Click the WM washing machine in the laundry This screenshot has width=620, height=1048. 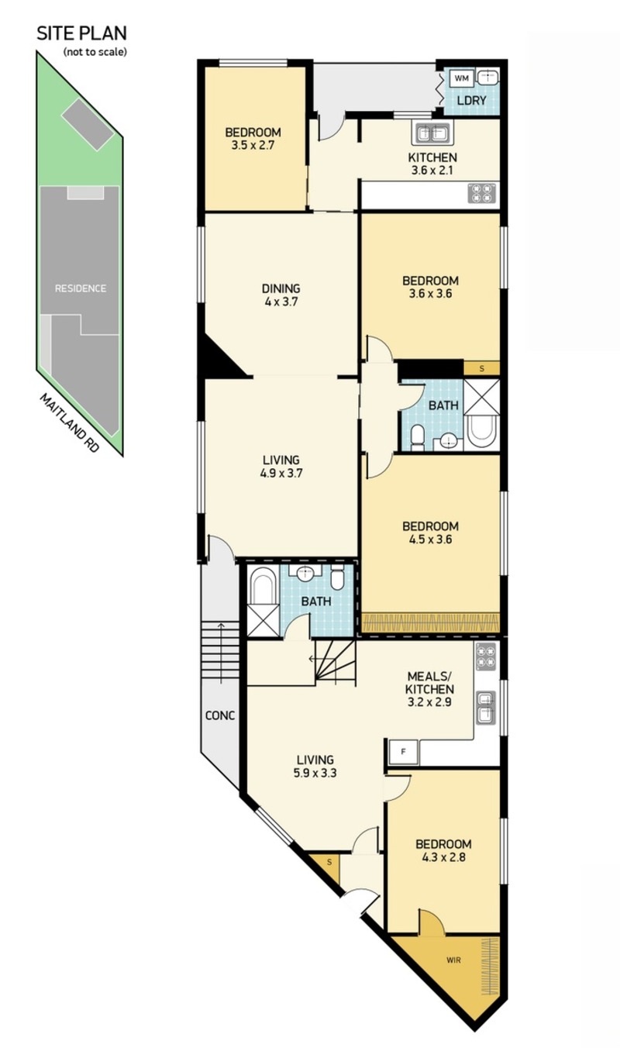pos(462,78)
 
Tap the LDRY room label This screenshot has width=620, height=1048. pos(471,101)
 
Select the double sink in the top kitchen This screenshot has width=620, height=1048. pos(432,133)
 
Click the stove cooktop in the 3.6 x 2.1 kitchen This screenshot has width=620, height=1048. pos(482,193)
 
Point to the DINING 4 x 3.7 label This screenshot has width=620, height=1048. pos(281,295)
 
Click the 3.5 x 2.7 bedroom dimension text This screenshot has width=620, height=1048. pos(253,145)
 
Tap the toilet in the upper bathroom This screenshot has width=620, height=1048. pos(416,436)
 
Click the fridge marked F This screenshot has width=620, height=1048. pos(403,752)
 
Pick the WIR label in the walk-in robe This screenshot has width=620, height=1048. pos(453,960)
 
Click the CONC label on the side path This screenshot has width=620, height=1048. pos(220,715)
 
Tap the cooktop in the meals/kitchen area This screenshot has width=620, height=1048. pos(487,656)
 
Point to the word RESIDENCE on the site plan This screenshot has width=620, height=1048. pos(81,288)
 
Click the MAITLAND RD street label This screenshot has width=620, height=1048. pos(69,422)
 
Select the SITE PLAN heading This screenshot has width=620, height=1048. pos(82,33)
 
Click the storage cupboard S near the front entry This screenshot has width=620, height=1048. pos(329,862)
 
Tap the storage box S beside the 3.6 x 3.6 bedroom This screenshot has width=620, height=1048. pos(481,368)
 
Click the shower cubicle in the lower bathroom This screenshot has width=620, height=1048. pos(263,620)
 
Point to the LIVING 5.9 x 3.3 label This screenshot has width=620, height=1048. pos(315,767)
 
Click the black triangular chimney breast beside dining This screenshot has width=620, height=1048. pos(218,358)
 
